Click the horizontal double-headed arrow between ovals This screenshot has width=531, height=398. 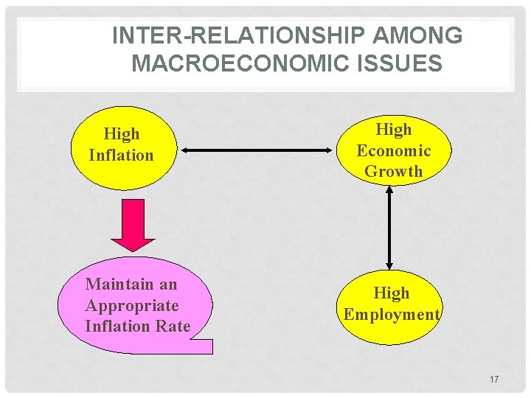(x=257, y=150)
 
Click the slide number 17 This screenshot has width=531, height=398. (x=493, y=380)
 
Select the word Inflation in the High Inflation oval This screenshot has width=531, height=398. (x=121, y=156)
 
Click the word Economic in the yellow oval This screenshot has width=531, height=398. (x=394, y=150)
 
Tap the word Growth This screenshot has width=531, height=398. (x=394, y=171)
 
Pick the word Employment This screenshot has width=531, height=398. (x=392, y=314)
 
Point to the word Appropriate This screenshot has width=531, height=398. (x=132, y=305)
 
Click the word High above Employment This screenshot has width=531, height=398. (x=392, y=293)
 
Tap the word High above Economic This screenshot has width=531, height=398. (x=394, y=130)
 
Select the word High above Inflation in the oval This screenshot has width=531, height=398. (x=122, y=134)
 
